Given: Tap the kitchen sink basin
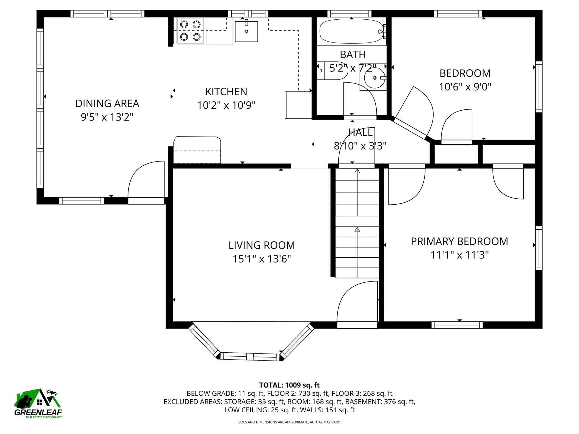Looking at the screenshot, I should tap(246, 31).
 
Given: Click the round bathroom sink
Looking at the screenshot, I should tap(374, 78).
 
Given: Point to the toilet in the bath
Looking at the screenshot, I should tap(330, 71).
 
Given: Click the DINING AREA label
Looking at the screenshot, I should tap(107, 103).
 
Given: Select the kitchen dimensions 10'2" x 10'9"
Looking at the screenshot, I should tap(226, 105).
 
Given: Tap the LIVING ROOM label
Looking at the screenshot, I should tap(261, 245).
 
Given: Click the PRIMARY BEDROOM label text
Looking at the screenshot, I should tap(459, 241).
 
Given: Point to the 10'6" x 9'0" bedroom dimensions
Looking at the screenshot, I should tap(465, 87).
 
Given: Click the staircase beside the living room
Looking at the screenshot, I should tap(357, 223).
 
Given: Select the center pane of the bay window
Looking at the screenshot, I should tap(250, 357).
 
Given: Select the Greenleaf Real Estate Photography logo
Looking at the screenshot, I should tap(38, 404).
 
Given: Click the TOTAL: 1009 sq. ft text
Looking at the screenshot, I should tap(289, 385).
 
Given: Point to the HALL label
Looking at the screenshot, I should tap(360, 132).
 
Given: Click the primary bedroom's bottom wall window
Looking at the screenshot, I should tap(457, 325).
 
